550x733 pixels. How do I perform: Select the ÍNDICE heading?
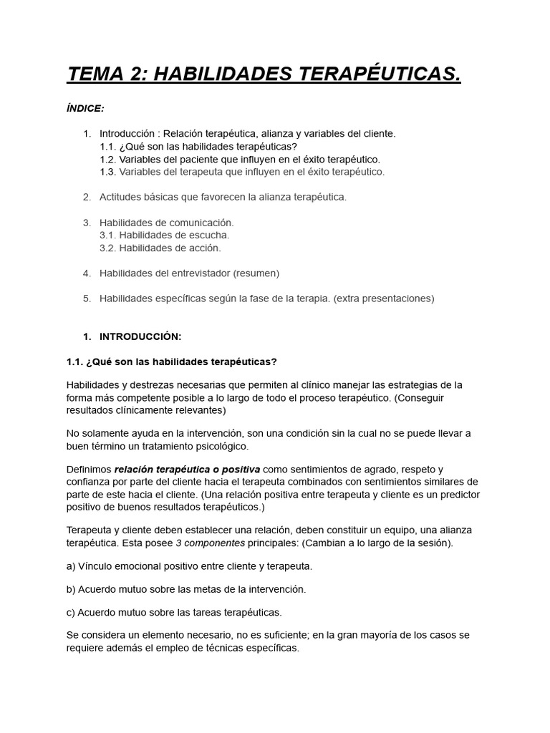pos(85,108)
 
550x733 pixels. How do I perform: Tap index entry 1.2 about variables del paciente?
pos(240,159)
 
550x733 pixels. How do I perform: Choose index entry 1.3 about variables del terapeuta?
pos(242,172)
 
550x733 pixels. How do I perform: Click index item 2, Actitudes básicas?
pos(222,197)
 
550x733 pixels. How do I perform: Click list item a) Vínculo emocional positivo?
pos(189,565)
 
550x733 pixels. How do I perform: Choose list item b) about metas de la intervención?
pos(185,588)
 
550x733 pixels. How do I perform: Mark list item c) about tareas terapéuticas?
pos(174,611)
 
